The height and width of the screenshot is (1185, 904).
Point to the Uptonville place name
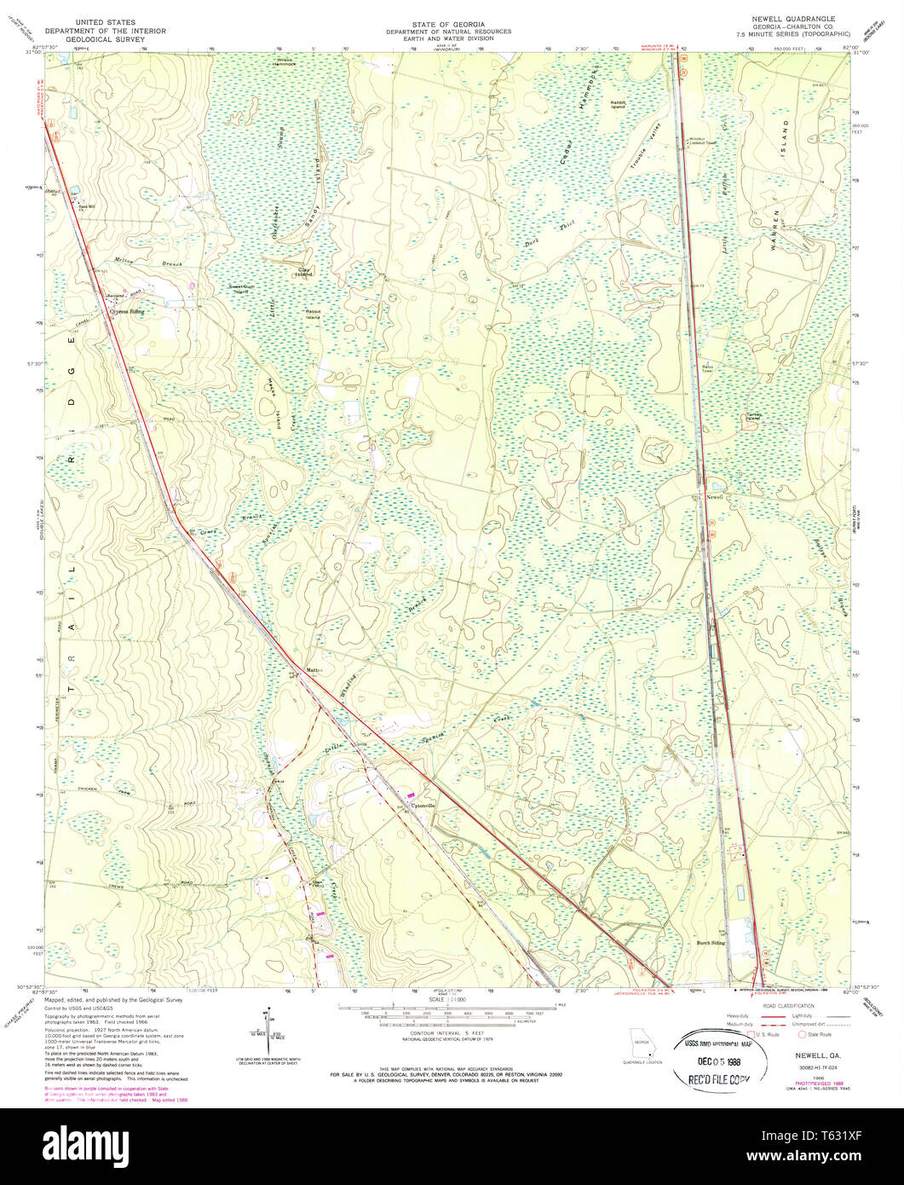423,806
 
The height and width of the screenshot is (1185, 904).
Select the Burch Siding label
711,943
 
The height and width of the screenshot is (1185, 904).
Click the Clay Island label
304,273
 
